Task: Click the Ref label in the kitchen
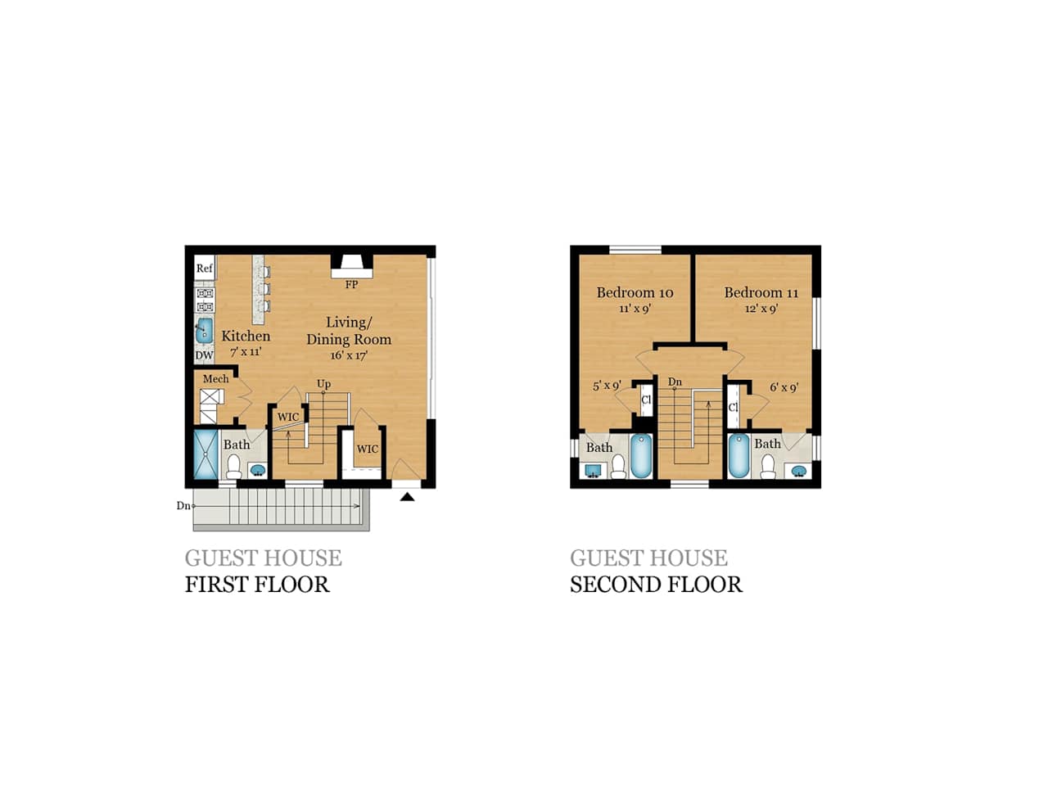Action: coord(204,269)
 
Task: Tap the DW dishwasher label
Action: coord(204,355)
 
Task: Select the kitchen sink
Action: coord(204,331)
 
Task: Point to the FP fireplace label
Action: coord(351,285)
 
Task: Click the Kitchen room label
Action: coord(246,336)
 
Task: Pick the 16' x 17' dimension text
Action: coord(349,356)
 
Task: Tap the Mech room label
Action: coord(216,379)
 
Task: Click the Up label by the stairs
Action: coord(324,384)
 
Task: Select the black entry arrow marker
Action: coord(407,495)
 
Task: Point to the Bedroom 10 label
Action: coord(635,292)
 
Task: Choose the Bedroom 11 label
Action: coord(761,292)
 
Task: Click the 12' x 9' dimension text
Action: coord(761,309)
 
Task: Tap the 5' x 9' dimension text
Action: coord(607,386)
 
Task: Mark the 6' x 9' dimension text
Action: coord(784,388)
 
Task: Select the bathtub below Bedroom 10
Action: coord(640,456)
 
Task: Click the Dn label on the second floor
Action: coord(675,382)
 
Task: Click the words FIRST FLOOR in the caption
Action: coord(257,585)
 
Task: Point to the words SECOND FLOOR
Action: coord(656,585)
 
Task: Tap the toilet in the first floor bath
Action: coord(234,467)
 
